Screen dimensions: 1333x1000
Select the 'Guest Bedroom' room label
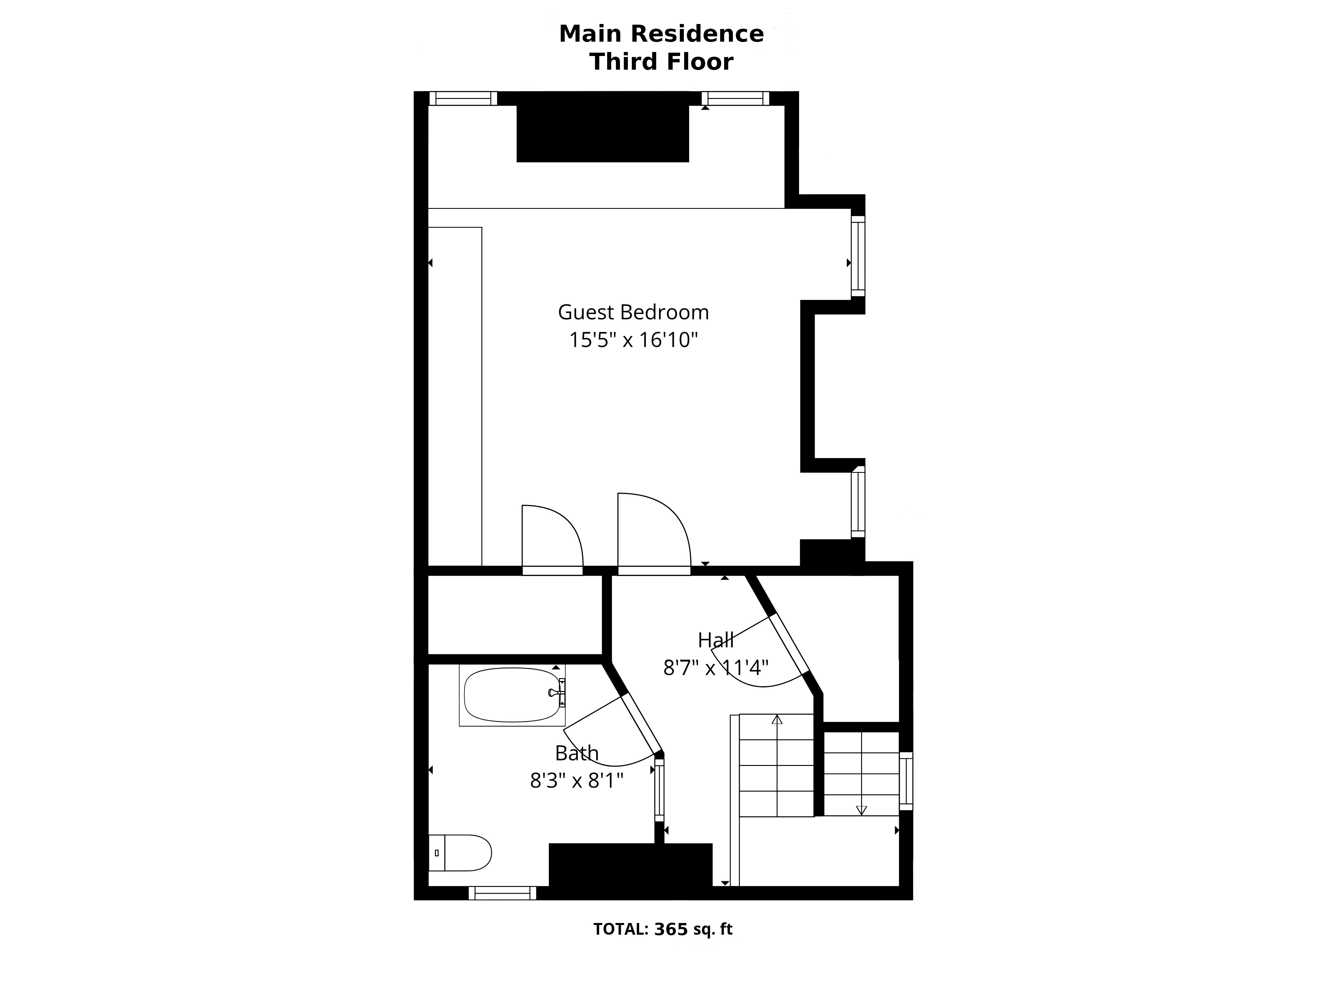634,312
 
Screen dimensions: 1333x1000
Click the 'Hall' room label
716,640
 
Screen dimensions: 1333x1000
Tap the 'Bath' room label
577,753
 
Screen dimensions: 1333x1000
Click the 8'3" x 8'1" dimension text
577,781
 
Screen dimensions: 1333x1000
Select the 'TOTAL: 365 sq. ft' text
663,929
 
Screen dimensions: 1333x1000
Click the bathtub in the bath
512,695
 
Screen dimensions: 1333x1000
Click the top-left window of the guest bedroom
464,98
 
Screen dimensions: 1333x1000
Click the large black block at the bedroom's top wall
603,127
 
